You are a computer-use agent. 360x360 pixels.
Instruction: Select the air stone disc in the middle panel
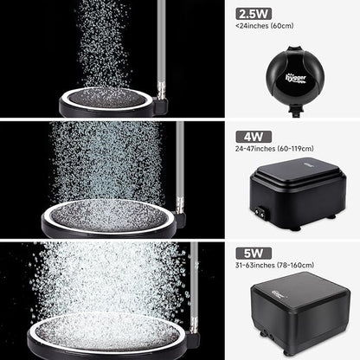(x=112, y=216)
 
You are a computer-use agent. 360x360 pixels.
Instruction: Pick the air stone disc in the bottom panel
(x=112, y=333)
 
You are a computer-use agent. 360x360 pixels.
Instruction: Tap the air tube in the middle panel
(x=179, y=160)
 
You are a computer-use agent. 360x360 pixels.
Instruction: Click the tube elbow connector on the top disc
(x=161, y=105)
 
